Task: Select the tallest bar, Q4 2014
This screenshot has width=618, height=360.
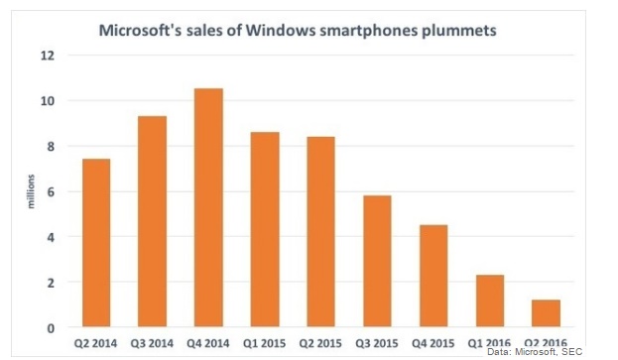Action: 208,208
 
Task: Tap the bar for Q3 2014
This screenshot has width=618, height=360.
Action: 152,222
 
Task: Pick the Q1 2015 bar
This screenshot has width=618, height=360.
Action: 264,230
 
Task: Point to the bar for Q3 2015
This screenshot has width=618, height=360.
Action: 377,262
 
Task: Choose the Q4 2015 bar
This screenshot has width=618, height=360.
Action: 433,277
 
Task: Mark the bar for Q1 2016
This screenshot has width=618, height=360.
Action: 490,301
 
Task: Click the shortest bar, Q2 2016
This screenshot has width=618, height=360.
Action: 547,313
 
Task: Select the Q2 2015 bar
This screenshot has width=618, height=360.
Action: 320,232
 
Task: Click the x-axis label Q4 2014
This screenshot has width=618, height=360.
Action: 208,343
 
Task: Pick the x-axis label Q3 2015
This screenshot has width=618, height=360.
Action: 377,343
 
